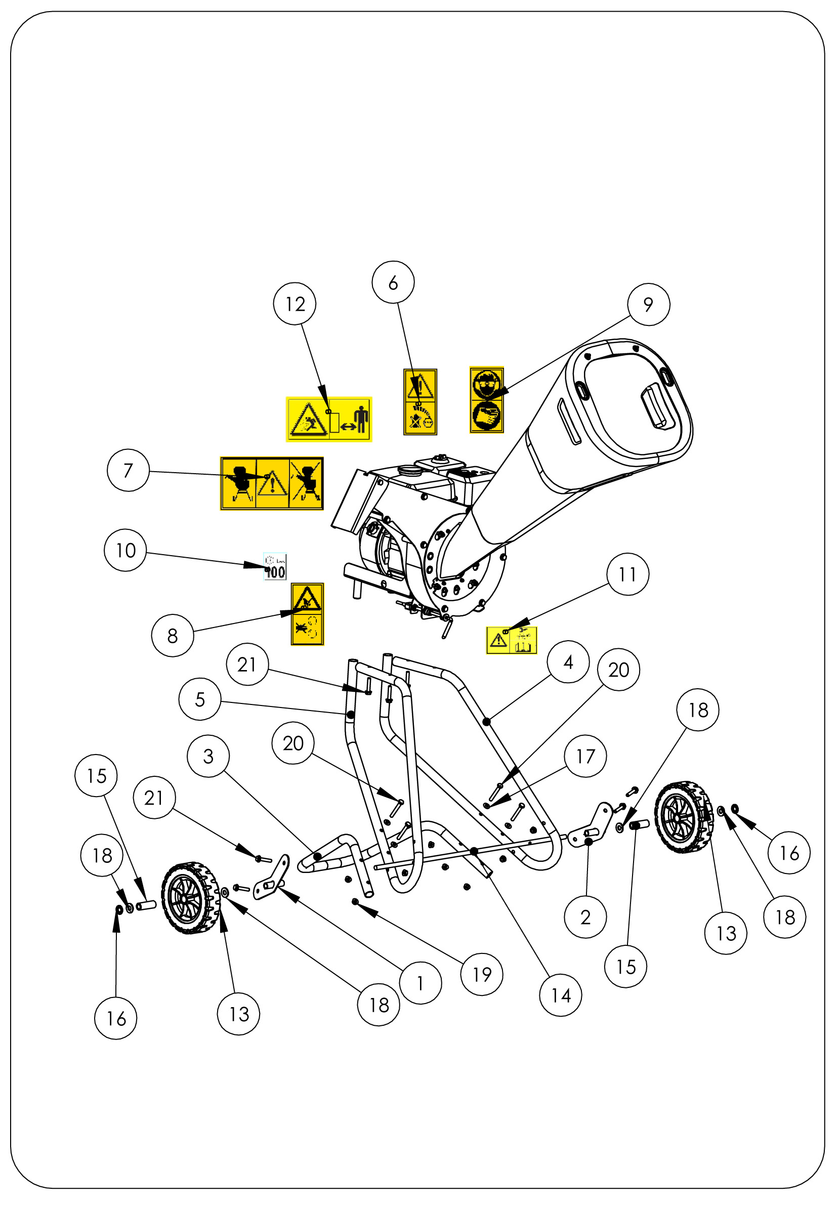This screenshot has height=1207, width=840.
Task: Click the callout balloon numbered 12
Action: click(295, 304)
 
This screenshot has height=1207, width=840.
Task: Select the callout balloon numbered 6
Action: click(393, 282)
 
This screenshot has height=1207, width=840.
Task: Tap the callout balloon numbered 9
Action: click(648, 304)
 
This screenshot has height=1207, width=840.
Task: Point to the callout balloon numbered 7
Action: click(128, 470)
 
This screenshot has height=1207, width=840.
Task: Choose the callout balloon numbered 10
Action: click(125, 550)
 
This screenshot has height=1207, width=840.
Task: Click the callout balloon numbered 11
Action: click(627, 574)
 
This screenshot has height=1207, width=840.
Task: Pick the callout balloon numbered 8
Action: click(173, 636)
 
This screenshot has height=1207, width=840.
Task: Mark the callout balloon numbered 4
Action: click(568, 662)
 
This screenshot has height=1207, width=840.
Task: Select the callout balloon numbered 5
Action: click(200, 699)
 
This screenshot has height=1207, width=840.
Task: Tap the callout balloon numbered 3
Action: click(208, 756)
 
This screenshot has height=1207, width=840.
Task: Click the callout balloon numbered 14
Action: click(560, 995)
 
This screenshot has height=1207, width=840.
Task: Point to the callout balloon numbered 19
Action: click(482, 974)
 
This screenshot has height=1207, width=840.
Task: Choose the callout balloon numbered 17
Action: click(585, 756)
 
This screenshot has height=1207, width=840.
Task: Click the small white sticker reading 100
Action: click(275, 566)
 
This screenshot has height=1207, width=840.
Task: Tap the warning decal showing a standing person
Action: click(328, 419)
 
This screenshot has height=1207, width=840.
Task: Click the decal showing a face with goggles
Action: click(486, 399)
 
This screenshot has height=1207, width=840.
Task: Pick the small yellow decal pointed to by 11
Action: click(512, 640)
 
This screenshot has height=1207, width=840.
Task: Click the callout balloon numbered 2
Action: click(585, 918)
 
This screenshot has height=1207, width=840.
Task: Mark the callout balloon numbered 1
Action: click(420, 983)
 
